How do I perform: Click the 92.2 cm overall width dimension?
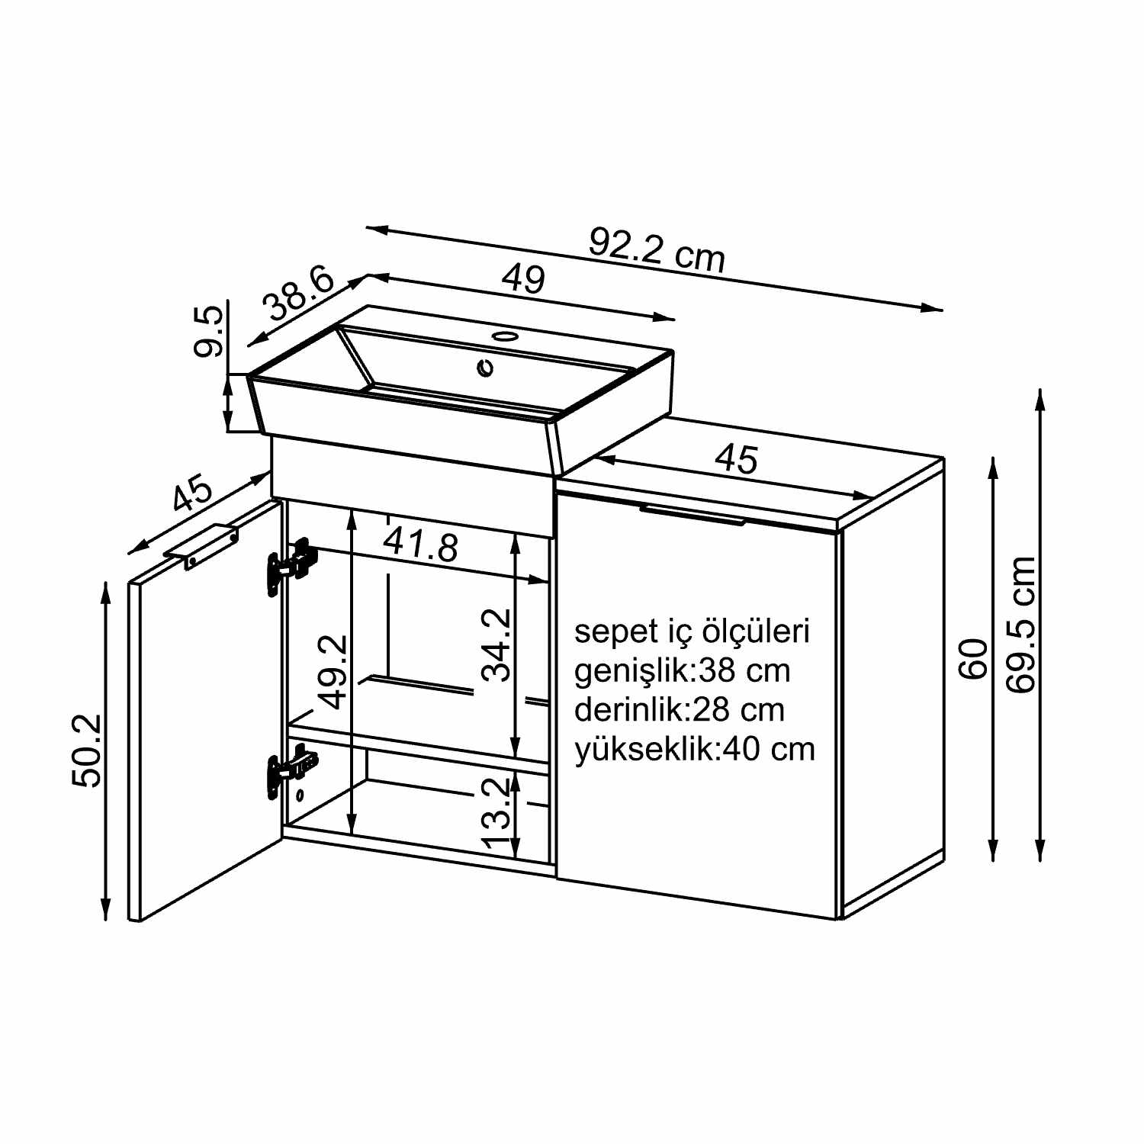[x=657, y=249]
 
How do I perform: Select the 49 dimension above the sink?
[x=524, y=278]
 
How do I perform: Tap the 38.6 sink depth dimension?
[x=299, y=294]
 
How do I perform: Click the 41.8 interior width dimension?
[x=421, y=545]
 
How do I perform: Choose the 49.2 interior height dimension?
[x=333, y=671]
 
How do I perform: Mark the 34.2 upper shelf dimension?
[x=497, y=644]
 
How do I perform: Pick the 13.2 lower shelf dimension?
[x=496, y=812]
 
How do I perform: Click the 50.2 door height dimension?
[x=86, y=750]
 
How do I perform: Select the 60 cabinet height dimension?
[x=974, y=660]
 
